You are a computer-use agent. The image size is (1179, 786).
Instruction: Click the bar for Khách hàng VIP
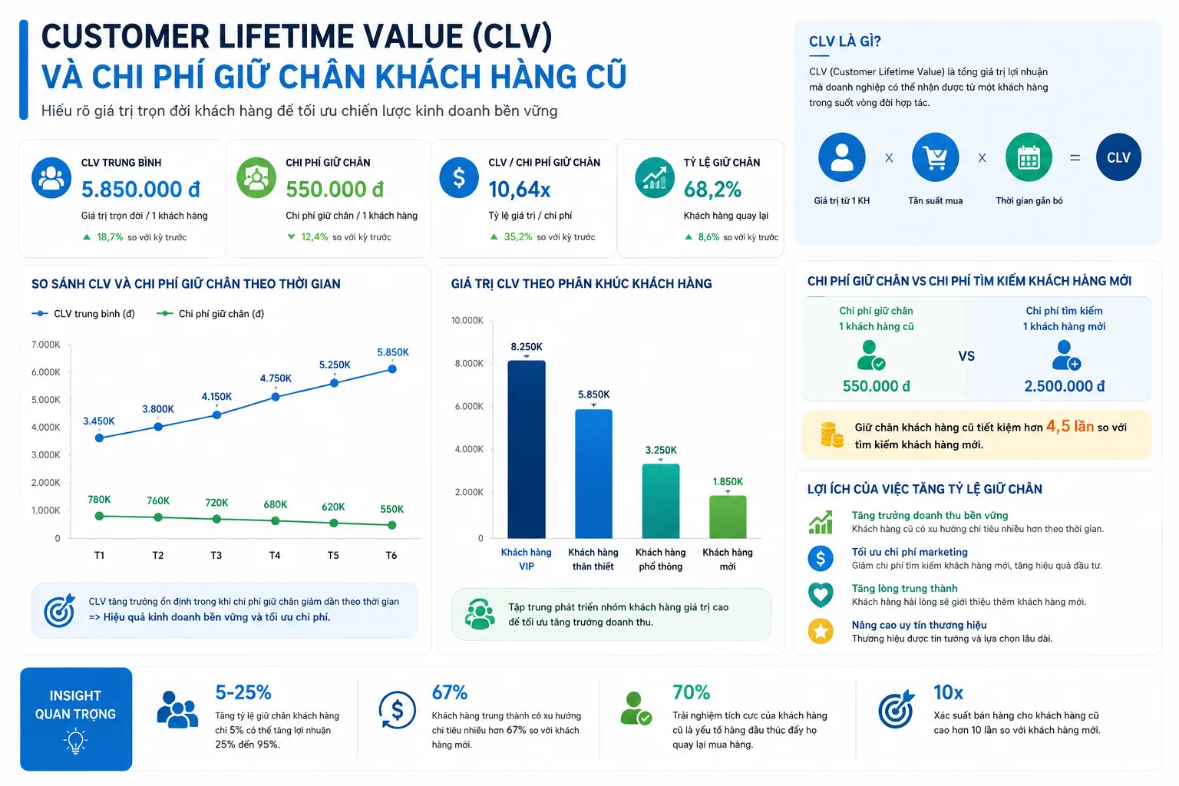pyautogui.click(x=527, y=449)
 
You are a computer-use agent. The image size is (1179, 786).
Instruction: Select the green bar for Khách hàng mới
pyautogui.click(x=728, y=517)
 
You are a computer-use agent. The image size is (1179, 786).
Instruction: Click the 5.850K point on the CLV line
pyautogui.click(x=392, y=369)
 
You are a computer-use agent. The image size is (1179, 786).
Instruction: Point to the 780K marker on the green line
pyautogui.click(x=99, y=516)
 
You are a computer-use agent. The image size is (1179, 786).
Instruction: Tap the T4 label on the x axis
pyautogui.click(x=275, y=556)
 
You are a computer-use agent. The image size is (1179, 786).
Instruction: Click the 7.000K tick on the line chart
pyautogui.click(x=46, y=345)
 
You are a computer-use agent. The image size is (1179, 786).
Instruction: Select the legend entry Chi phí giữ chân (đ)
pyautogui.click(x=210, y=314)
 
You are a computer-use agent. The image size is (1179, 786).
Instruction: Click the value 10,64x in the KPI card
pyautogui.click(x=520, y=190)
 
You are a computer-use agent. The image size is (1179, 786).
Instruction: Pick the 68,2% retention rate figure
pyautogui.click(x=712, y=190)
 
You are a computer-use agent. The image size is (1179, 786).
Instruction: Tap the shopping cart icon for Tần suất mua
pyautogui.click(x=936, y=157)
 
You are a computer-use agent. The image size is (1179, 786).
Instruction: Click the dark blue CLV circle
pyautogui.click(x=1118, y=157)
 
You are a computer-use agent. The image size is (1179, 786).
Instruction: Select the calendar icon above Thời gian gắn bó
pyautogui.click(x=1029, y=157)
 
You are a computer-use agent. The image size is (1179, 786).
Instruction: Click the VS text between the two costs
pyautogui.click(x=966, y=356)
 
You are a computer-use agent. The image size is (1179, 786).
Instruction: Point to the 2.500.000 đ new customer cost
pyautogui.click(x=1065, y=386)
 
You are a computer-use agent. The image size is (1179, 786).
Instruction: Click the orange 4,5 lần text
pyautogui.click(x=1069, y=426)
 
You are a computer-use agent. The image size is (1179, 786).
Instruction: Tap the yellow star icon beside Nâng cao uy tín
pyautogui.click(x=821, y=631)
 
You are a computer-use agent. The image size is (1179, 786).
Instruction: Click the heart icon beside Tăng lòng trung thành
pyautogui.click(x=821, y=595)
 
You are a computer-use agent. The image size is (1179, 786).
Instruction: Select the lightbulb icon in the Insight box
pyautogui.click(x=76, y=741)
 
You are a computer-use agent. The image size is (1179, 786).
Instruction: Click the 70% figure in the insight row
pyautogui.click(x=691, y=692)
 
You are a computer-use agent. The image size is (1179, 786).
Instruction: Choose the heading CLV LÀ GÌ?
pyautogui.click(x=845, y=41)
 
